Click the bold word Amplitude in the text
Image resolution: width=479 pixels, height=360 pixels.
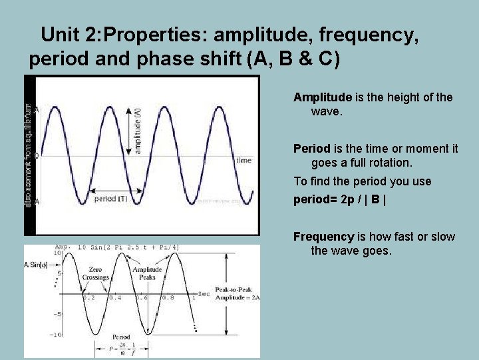click(x=322, y=97)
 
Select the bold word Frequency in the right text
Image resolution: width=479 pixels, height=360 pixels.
click(x=323, y=237)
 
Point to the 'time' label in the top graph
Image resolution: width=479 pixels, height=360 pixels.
click(x=243, y=160)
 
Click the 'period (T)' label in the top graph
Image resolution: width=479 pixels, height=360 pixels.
click(x=110, y=199)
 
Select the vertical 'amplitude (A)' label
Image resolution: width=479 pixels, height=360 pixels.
click(x=138, y=131)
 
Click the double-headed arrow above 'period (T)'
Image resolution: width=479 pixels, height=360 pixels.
click(x=126, y=191)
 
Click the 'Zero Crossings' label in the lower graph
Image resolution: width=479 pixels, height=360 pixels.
click(x=96, y=273)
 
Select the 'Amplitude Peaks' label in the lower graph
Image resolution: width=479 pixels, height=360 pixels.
click(x=147, y=273)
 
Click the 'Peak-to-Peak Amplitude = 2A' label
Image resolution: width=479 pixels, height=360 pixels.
click(x=237, y=294)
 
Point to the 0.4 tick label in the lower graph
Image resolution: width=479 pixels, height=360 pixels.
click(x=115, y=297)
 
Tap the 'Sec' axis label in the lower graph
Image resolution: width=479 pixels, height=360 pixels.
click(x=204, y=294)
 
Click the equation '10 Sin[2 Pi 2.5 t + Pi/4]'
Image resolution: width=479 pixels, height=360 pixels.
click(x=128, y=248)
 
